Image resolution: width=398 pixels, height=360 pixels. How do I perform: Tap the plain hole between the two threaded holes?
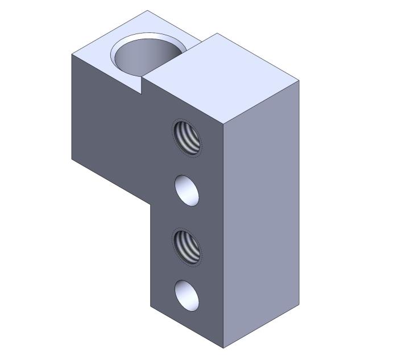pyautogui.click(x=187, y=190)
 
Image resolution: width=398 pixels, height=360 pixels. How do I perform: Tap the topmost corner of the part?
pyautogui.click(x=147, y=10)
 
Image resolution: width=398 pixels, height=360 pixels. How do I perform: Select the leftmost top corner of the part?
pyautogui.click(x=72, y=54)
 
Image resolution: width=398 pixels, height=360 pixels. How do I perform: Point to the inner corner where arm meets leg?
pyautogui.click(x=151, y=206)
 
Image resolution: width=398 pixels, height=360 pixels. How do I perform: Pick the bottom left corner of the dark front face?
pyautogui.click(x=151, y=307)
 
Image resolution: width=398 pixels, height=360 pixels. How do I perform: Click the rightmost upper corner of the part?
pyautogui.click(x=299, y=80)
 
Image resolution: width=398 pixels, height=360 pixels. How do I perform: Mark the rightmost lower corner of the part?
pyautogui.click(x=299, y=304)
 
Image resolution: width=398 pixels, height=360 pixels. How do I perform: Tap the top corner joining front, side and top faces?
pyautogui.click(x=223, y=123)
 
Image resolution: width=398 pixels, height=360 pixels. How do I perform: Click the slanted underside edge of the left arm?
pyautogui.click(x=111, y=183)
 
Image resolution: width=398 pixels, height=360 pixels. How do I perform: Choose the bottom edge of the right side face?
pyautogui.click(x=262, y=326)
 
